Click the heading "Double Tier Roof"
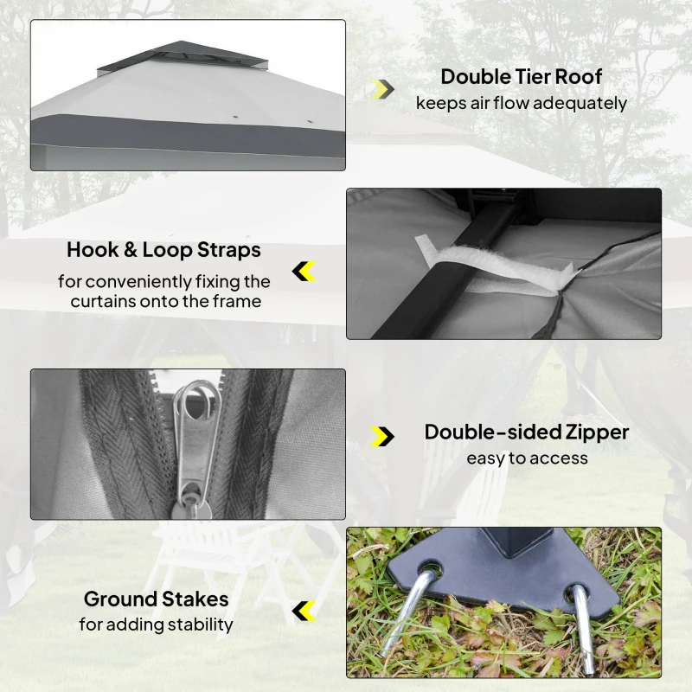pyautogui.click(x=521, y=77)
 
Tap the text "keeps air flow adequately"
pyautogui.click(x=522, y=103)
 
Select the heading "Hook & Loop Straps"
pyautogui.click(x=163, y=250)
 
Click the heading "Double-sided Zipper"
pyautogui.click(x=527, y=432)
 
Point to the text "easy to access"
pyautogui.click(x=528, y=458)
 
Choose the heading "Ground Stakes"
pyautogui.click(x=157, y=599)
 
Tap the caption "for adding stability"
pyautogui.click(x=157, y=625)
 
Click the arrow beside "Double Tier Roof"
pyautogui.click(x=382, y=90)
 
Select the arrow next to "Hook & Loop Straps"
pyautogui.click(x=304, y=272)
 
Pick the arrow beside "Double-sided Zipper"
pyautogui.click(x=382, y=437)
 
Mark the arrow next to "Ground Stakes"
pyautogui.click(x=304, y=611)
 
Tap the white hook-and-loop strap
pyautogui.click(x=494, y=265)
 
